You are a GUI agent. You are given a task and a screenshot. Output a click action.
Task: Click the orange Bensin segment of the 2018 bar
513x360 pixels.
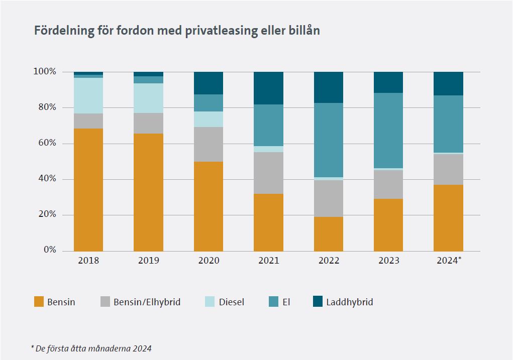88,190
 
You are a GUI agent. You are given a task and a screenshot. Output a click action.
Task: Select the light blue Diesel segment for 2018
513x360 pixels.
88,95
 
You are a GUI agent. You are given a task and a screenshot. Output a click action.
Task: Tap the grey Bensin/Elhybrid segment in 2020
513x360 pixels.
209,144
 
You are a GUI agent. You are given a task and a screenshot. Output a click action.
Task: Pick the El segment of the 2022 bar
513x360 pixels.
329,140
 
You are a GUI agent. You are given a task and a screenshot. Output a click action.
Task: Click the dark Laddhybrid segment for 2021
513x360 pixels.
268,88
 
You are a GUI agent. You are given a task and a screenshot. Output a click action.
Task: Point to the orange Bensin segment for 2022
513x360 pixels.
329,234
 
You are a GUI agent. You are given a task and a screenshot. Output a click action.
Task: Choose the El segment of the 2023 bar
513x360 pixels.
388,131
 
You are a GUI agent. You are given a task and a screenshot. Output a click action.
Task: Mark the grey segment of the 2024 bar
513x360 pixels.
448,169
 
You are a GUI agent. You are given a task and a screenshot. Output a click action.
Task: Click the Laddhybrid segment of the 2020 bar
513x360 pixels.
209,83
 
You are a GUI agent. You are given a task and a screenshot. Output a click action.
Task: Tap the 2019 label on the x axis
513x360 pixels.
148,261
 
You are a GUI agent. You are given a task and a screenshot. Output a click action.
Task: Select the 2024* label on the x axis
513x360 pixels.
449,261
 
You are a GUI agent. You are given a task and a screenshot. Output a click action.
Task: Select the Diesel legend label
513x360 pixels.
232,302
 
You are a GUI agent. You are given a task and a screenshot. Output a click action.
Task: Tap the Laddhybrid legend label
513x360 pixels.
349,302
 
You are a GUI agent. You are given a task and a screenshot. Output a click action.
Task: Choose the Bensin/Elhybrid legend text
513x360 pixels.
147,302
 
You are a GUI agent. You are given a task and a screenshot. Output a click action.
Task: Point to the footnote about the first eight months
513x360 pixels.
91,348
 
